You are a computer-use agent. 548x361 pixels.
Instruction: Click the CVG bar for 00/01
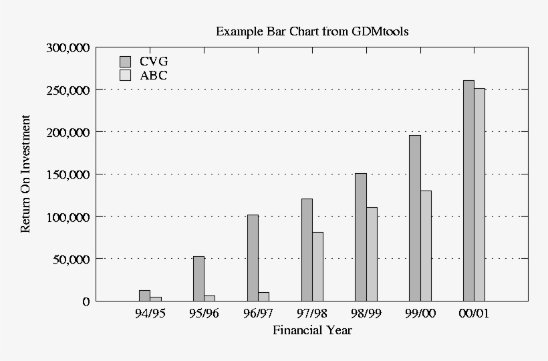(468, 191)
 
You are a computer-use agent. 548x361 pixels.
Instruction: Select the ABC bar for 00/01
(480, 195)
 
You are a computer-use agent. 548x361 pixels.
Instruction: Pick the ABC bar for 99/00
(426, 245)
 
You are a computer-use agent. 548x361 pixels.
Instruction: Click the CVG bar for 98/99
(361, 237)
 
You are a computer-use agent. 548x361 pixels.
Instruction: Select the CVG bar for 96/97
(253, 257)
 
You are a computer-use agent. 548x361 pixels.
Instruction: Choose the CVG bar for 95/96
(198, 278)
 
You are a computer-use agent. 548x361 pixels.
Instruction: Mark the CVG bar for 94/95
(144, 295)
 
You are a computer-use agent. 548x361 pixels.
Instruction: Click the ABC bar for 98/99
(372, 254)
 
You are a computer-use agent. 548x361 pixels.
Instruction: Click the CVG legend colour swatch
(125, 62)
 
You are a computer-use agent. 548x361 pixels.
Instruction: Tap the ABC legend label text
(154, 76)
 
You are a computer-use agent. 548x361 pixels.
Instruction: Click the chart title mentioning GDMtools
(312, 31)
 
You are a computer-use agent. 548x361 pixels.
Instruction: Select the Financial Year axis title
(312, 330)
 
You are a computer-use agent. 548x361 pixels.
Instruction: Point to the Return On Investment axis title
(26, 174)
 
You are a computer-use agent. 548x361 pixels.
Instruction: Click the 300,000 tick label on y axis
(67, 47)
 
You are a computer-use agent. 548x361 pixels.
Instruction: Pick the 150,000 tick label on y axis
(67, 174)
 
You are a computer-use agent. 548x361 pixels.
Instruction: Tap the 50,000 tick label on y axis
(70, 259)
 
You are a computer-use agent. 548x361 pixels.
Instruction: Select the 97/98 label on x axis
(312, 313)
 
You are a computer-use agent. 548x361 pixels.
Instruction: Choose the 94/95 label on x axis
(150, 313)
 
